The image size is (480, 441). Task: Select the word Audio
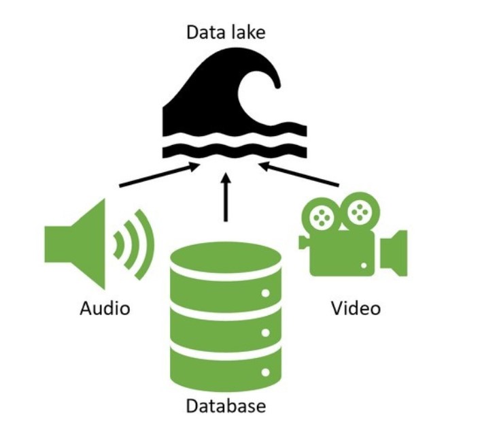(105, 308)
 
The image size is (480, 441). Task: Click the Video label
(356, 308)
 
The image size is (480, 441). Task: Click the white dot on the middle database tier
(265, 333)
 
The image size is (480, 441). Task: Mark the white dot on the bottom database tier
(265, 372)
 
